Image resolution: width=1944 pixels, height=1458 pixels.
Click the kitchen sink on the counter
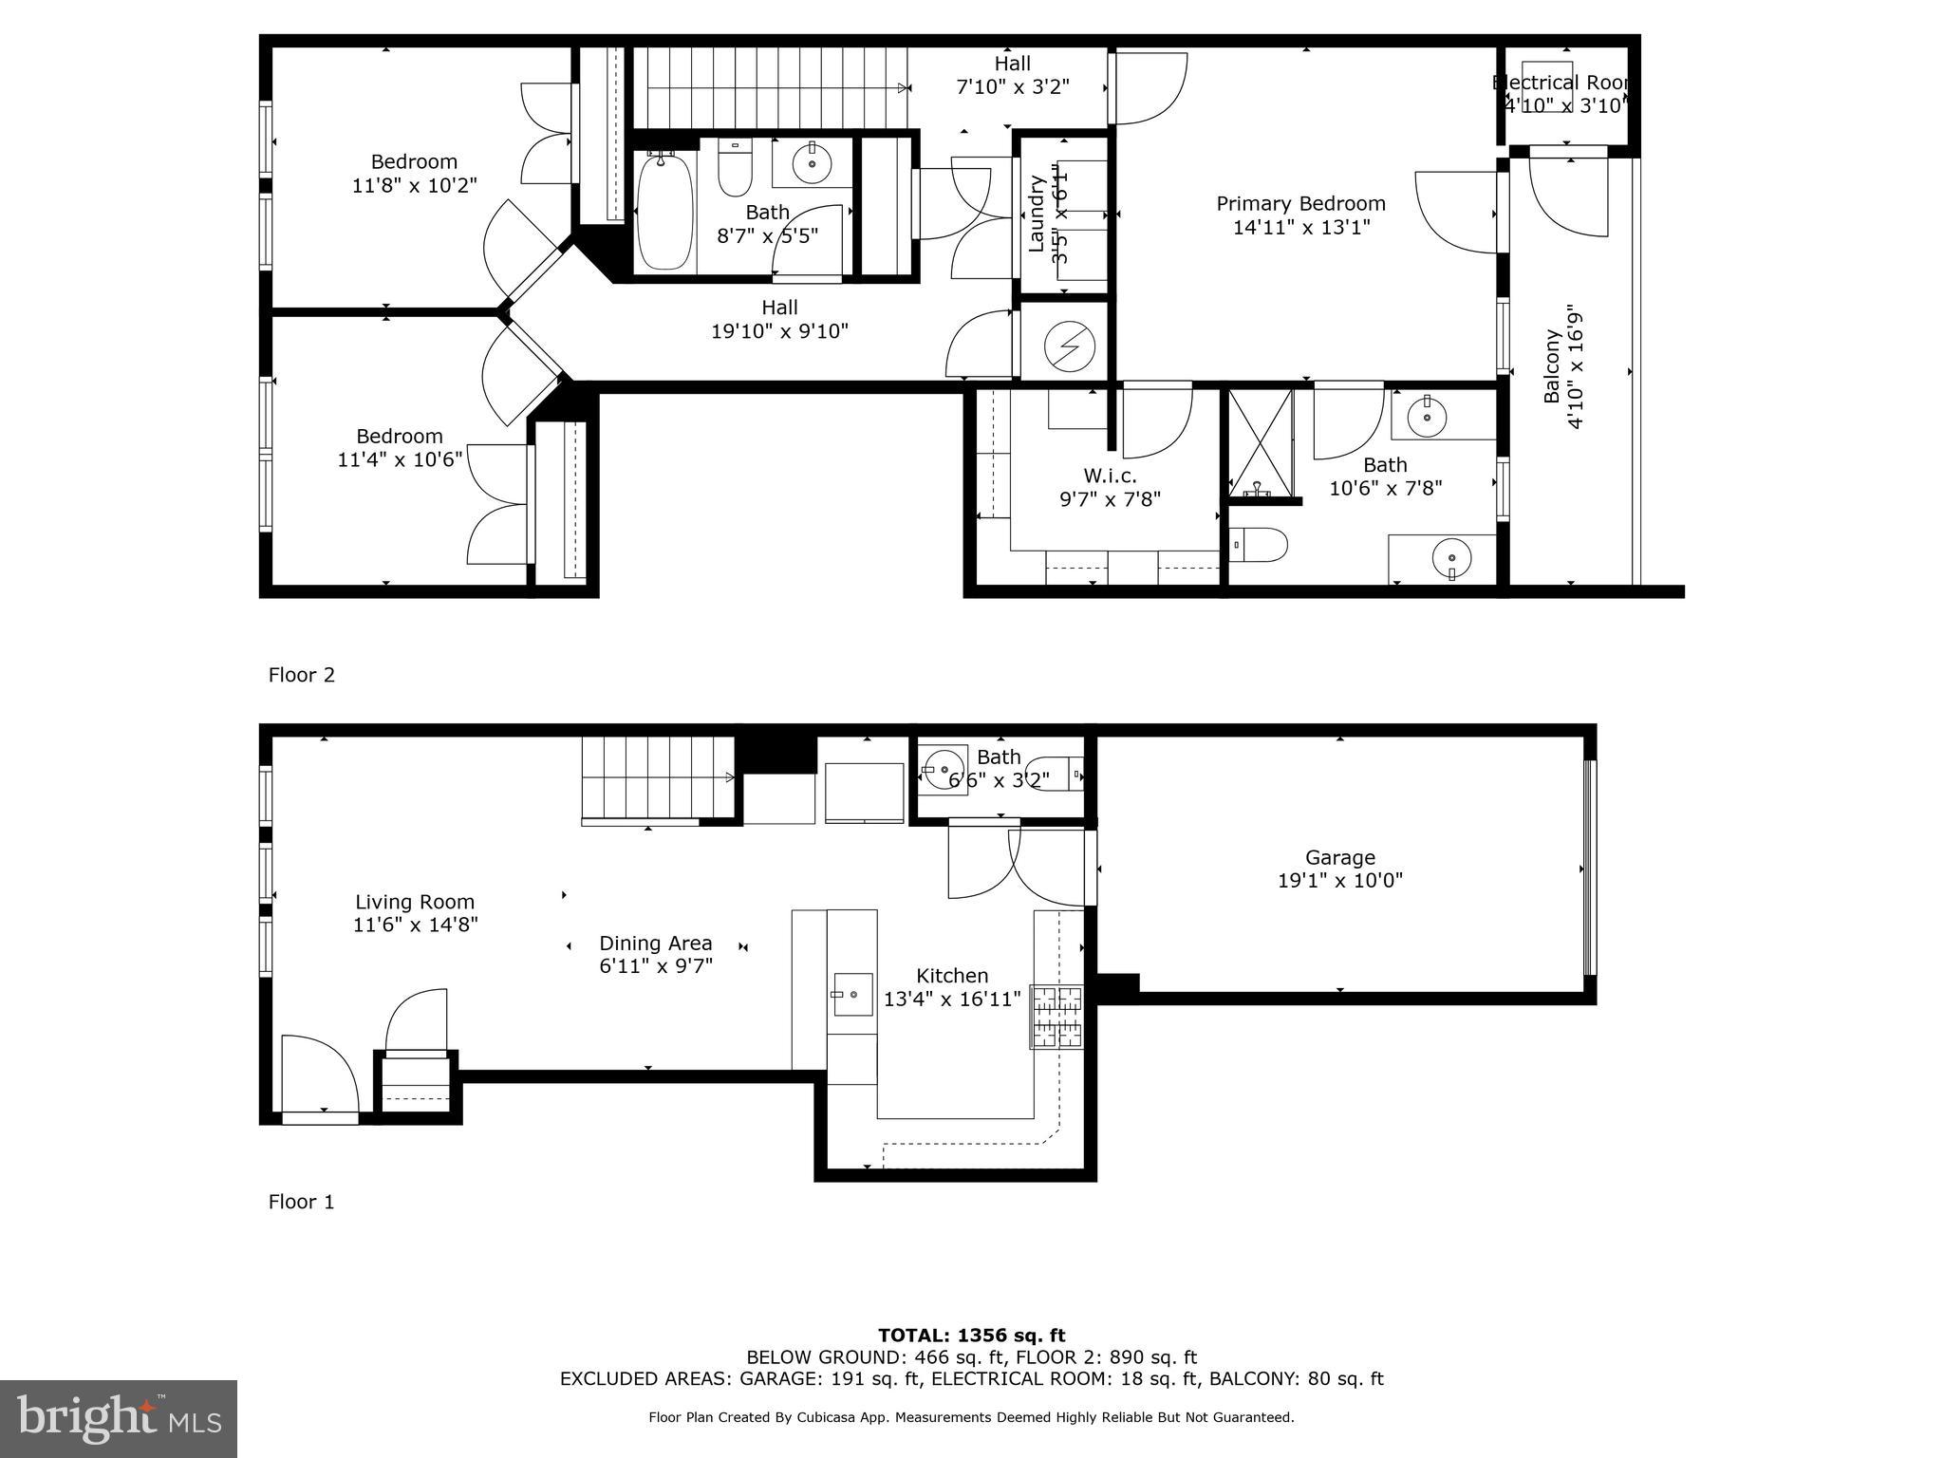(852, 994)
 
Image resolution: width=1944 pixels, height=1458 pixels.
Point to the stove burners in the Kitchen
(1057, 1017)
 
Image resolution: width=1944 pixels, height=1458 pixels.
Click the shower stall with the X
(1261, 441)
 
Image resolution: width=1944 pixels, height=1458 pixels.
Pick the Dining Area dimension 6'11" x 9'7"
(655, 966)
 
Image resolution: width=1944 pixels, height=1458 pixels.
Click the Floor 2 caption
(302, 675)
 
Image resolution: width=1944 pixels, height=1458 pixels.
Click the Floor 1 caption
(302, 1202)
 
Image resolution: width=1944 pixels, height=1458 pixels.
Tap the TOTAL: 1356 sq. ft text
(971, 1336)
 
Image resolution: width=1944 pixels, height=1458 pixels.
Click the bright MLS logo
(119, 1418)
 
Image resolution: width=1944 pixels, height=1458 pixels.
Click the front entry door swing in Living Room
(320, 1073)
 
